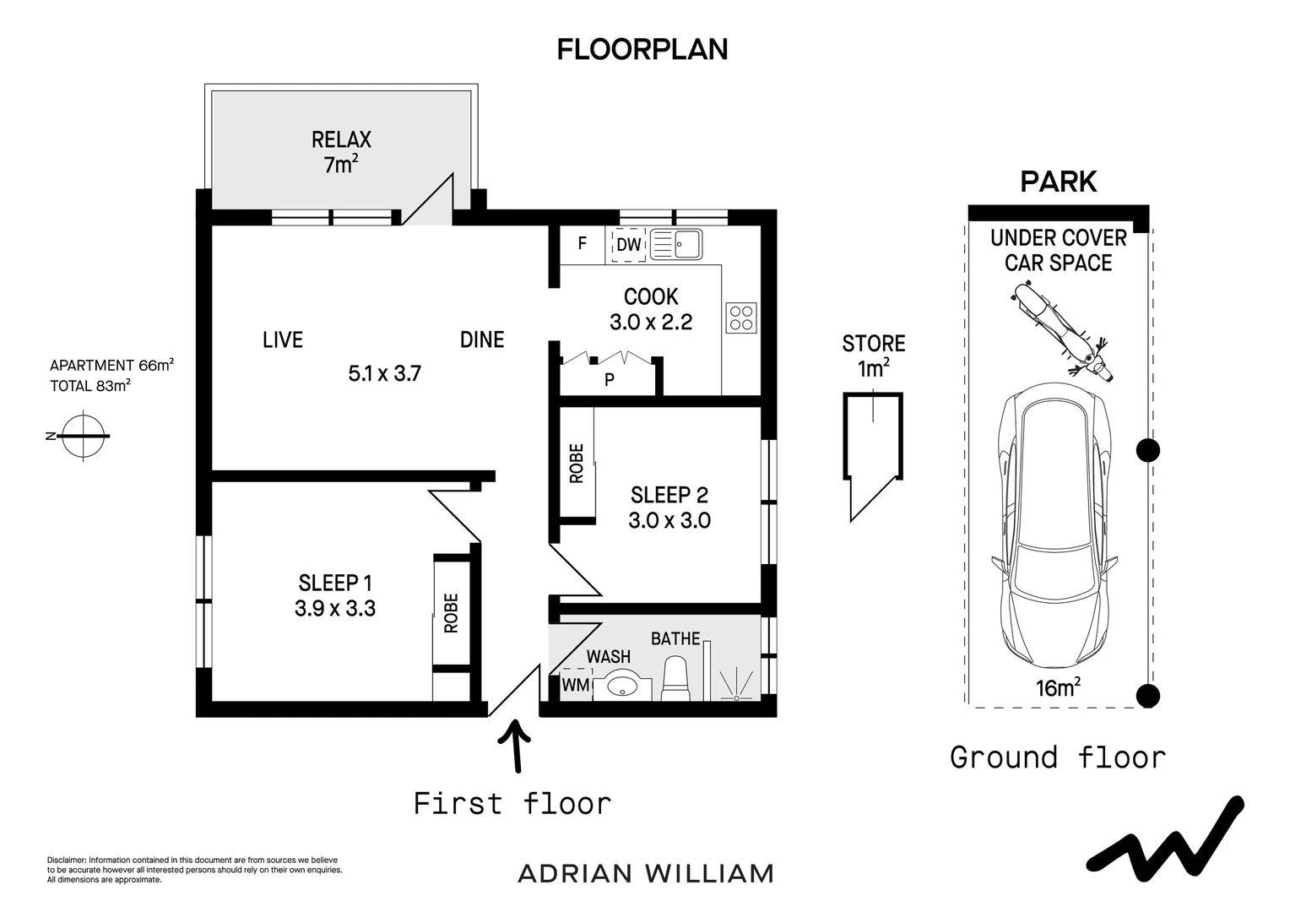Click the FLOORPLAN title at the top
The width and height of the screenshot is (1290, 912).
coord(642,50)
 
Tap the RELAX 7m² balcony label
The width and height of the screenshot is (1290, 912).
coord(341,151)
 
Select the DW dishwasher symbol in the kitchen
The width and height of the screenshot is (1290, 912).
coord(629,245)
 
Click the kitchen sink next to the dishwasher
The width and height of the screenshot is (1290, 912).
coord(676,245)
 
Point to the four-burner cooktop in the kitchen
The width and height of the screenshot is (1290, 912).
coord(741,318)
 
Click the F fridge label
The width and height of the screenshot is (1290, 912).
coord(582,244)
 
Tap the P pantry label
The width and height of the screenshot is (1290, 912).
coord(609,380)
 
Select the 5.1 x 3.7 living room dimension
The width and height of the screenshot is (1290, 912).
coord(384,373)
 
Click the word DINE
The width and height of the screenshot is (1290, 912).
coord(482,339)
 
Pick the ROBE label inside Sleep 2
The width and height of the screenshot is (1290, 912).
coord(577,464)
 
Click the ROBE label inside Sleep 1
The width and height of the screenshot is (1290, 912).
coord(451,613)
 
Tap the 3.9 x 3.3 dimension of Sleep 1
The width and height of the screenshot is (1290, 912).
coord(335,608)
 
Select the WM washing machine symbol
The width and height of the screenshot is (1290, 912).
coord(576,685)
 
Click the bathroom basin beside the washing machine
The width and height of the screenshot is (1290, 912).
coord(623,685)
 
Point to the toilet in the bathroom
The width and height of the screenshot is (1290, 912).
coord(675,680)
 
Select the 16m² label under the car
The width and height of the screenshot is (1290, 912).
coord(1059,687)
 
